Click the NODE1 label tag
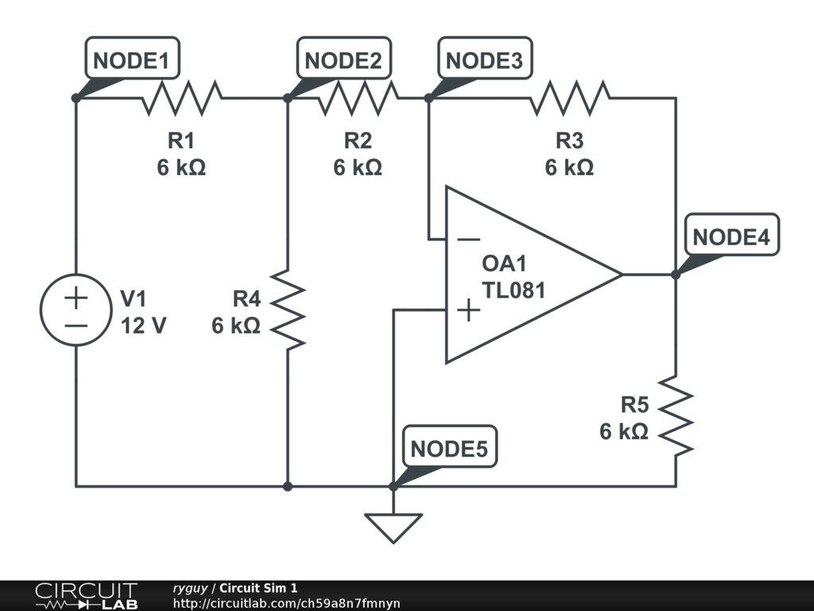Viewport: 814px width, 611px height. [131, 61]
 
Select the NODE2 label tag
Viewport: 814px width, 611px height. [343, 61]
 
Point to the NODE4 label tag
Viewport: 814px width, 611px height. [731, 237]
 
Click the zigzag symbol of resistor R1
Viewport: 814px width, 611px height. [181, 98]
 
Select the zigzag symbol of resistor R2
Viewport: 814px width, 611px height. [358, 98]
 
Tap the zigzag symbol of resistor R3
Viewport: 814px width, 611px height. [569, 98]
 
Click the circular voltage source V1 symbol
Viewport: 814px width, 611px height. [76, 310]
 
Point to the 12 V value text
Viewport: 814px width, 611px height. [143, 325]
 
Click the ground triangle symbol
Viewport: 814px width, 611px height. [393, 527]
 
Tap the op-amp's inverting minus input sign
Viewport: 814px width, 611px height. [469, 239]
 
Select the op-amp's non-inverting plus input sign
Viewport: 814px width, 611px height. [469, 309]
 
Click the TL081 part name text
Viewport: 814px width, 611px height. [514, 290]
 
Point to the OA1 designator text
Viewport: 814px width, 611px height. [504, 264]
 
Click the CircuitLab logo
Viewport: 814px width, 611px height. [85, 596]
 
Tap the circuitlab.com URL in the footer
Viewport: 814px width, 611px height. [286, 604]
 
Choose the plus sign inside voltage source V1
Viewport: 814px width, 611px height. [76, 298]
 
